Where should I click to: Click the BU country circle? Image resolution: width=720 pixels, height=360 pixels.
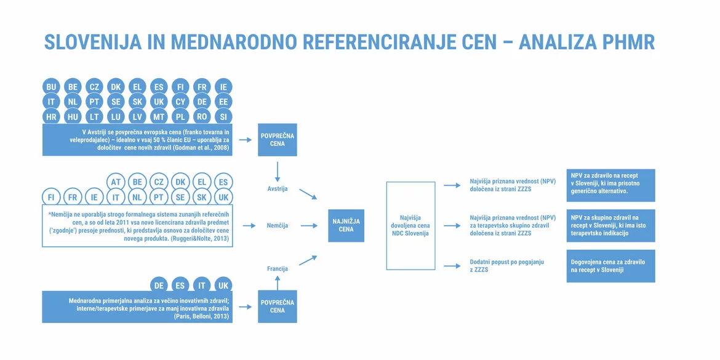(51, 87)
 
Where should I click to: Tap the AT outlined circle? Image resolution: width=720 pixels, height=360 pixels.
(116, 182)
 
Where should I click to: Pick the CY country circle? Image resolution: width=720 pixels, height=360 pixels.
(180, 102)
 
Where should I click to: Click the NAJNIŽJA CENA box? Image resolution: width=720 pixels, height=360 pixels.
(346, 225)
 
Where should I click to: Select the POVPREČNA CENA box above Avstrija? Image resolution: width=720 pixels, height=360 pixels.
(277, 140)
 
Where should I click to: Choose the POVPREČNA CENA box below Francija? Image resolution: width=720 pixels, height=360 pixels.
(277, 306)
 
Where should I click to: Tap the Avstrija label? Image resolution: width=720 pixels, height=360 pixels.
(277, 189)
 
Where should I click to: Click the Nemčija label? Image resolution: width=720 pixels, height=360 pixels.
(278, 226)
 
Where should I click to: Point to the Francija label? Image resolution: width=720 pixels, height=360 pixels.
(277, 269)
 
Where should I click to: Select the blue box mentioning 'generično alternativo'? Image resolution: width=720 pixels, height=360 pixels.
(610, 185)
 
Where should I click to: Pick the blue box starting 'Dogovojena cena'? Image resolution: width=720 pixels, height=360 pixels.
(610, 266)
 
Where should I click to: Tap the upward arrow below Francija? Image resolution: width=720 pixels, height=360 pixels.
(277, 282)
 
